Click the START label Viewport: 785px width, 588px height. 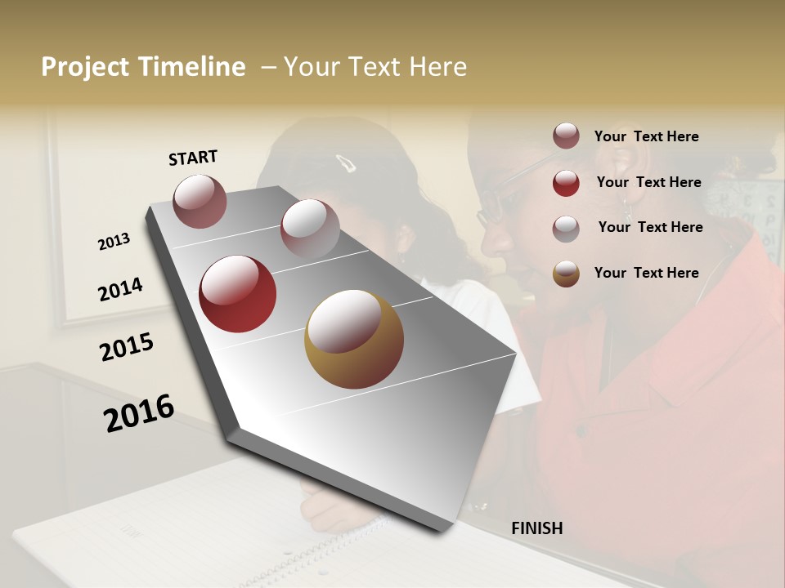pyautogui.click(x=193, y=158)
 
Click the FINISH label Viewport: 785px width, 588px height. pyautogui.click(x=536, y=528)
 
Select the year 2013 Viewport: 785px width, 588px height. pyautogui.click(x=114, y=242)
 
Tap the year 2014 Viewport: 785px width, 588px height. pyautogui.click(x=120, y=289)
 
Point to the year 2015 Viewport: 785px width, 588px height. pyautogui.click(x=126, y=347)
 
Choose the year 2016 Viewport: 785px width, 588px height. pyautogui.click(x=139, y=413)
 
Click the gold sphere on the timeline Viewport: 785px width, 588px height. pyautogui.click(x=354, y=339)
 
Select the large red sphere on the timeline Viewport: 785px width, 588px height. pyautogui.click(x=237, y=294)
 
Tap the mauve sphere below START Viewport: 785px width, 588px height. pyautogui.click(x=200, y=201)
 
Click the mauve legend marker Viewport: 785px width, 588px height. pyautogui.click(x=566, y=136)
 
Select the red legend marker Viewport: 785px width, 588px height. pyautogui.click(x=566, y=182)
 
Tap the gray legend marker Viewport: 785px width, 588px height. pyautogui.click(x=566, y=228)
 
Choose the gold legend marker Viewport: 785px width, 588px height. pyautogui.click(x=566, y=274)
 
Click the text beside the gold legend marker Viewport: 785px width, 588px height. pyautogui.click(x=646, y=273)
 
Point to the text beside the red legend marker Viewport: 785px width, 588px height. pyautogui.click(x=648, y=182)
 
